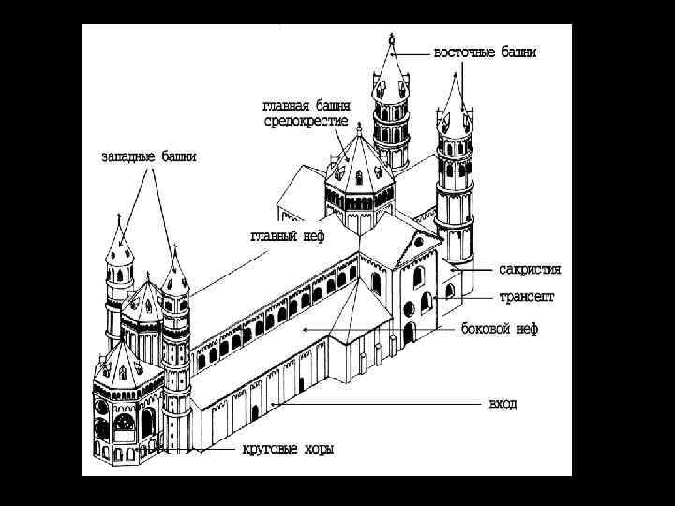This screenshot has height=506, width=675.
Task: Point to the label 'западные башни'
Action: pos(149,156)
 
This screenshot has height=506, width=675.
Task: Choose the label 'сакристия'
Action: pos(530,269)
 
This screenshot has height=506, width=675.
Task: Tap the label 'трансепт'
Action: pos(526,297)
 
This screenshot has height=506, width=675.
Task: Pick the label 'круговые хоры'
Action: pos(288,450)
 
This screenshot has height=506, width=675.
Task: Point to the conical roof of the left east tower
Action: pos(391,70)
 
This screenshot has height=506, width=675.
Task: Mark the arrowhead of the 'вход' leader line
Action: pos(272,404)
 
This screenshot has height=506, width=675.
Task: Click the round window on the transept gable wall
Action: pos(409,308)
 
